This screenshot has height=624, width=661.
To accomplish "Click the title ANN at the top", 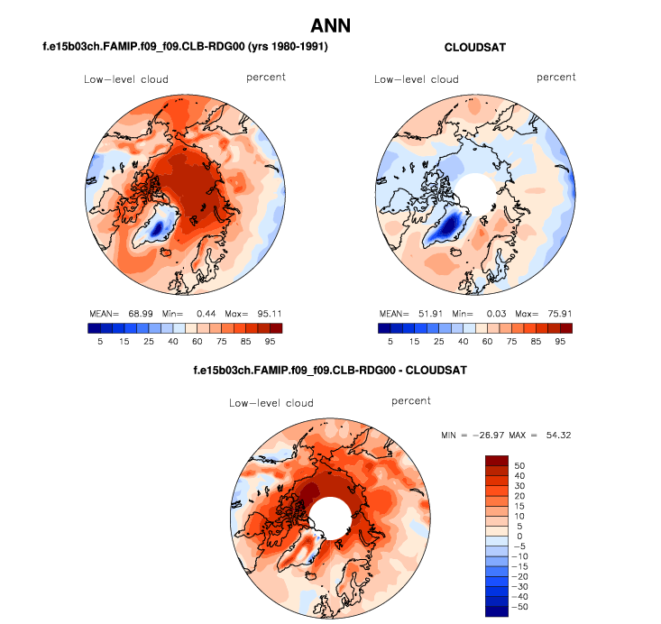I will point(330,25).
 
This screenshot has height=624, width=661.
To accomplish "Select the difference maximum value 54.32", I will point(555,436).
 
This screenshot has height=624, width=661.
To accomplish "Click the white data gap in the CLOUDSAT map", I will point(474,193).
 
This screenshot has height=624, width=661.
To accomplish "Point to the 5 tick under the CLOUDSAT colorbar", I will point(390,342).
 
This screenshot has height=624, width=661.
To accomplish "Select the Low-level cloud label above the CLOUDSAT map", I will point(417,79).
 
